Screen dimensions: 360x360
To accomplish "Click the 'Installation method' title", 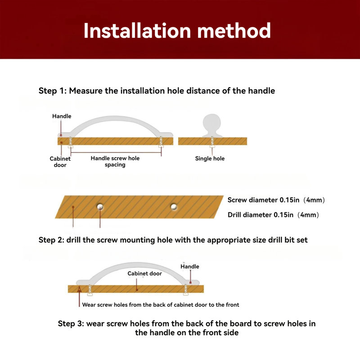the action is click(x=177, y=31).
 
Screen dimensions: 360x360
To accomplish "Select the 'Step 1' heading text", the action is click(x=157, y=91).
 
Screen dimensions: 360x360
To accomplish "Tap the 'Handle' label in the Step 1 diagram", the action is click(x=62, y=116).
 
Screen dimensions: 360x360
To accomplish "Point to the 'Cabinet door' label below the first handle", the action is click(x=60, y=162).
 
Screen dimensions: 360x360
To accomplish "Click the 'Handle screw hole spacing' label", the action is click(x=115, y=162).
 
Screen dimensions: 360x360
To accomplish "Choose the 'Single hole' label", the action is click(x=210, y=158).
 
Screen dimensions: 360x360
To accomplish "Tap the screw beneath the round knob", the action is click(x=212, y=142).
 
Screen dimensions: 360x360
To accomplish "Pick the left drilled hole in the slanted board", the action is click(x=100, y=207).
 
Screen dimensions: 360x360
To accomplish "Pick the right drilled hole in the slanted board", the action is click(x=174, y=207).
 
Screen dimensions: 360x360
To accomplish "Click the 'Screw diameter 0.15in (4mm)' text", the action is click(x=276, y=200).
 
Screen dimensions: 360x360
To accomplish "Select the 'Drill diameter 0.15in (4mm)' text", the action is click(x=273, y=215).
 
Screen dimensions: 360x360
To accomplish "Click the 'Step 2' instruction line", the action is click(x=173, y=240).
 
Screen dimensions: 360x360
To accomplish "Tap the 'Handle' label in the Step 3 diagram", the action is click(x=189, y=266).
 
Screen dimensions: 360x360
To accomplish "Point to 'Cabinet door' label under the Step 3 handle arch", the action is click(x=144, y=274).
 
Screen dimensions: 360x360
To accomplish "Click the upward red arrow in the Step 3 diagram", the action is click(x=80, y=297).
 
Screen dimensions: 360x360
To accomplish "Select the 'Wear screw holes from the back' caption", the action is click(x=161, y=305).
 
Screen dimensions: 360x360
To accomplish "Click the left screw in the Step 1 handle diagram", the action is click(x=71, y=142).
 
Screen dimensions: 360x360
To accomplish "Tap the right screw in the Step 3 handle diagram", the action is click(x=186, y=290).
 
